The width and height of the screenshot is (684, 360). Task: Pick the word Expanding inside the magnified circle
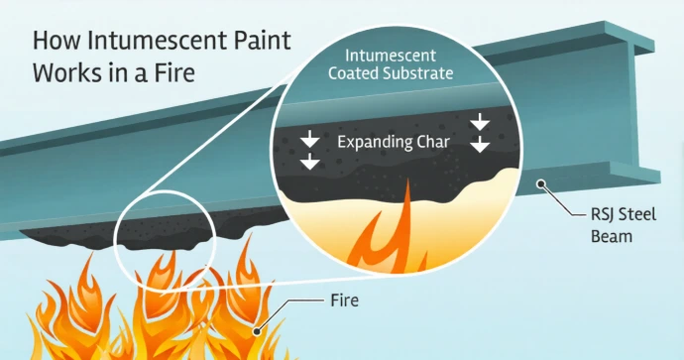(x=371, y=142)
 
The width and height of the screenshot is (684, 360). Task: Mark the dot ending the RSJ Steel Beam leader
(x=540, y=183)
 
